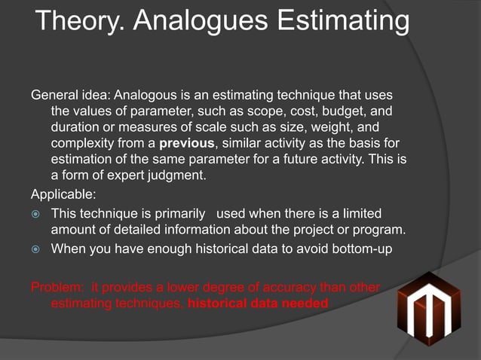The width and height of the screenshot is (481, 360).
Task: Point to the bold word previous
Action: pos(187,144)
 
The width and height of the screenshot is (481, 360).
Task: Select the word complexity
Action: pos(84,144)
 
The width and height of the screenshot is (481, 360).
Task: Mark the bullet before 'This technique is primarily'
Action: pos(35,214)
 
